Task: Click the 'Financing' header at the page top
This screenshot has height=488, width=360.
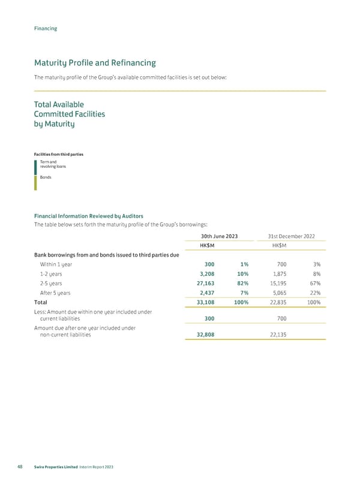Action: click(46, 28)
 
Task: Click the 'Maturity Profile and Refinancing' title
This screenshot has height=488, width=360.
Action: click(95, 62)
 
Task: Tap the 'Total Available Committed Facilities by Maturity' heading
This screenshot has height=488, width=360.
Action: click(70, 114)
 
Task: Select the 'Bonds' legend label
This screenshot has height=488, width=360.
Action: click(46, 177)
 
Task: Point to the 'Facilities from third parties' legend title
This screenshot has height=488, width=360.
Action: click(59, 155)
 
